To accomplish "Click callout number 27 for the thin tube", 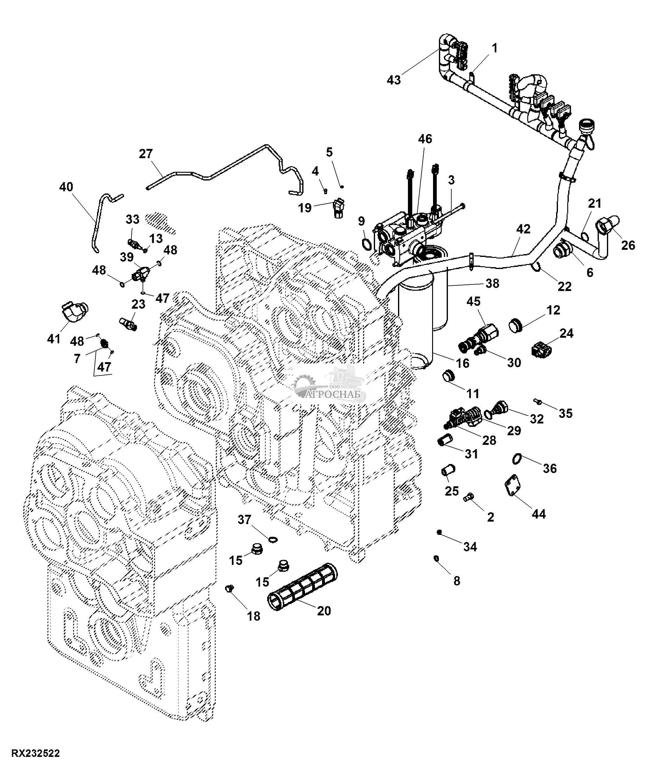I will [x=146, y=154].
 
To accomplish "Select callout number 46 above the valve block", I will [x=425, y=139].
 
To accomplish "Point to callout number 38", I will [x=493, y=284].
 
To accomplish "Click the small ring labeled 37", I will [x=273, y=539].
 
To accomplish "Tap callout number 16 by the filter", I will [x=462, y=363].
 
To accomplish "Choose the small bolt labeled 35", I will [x=538, y=401].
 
